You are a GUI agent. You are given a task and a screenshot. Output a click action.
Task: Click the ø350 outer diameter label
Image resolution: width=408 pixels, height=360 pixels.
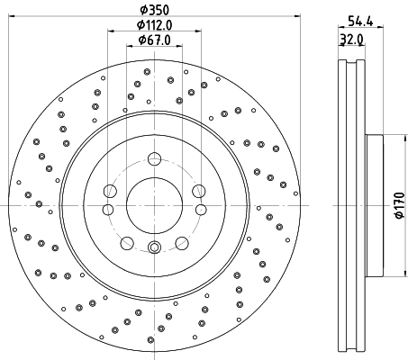click(x=153, y=11)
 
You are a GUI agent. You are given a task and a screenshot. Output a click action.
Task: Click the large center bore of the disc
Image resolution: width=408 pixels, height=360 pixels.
click(x=153, y=206)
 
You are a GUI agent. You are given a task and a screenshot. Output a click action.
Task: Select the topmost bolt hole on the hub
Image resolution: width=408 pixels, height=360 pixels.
click(x=153, y=159)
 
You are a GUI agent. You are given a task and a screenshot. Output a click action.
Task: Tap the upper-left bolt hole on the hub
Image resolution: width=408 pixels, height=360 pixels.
click(x=109, y=191)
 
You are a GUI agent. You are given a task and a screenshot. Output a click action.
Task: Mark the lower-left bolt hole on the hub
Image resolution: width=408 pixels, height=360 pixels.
click(x=126, y=242)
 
